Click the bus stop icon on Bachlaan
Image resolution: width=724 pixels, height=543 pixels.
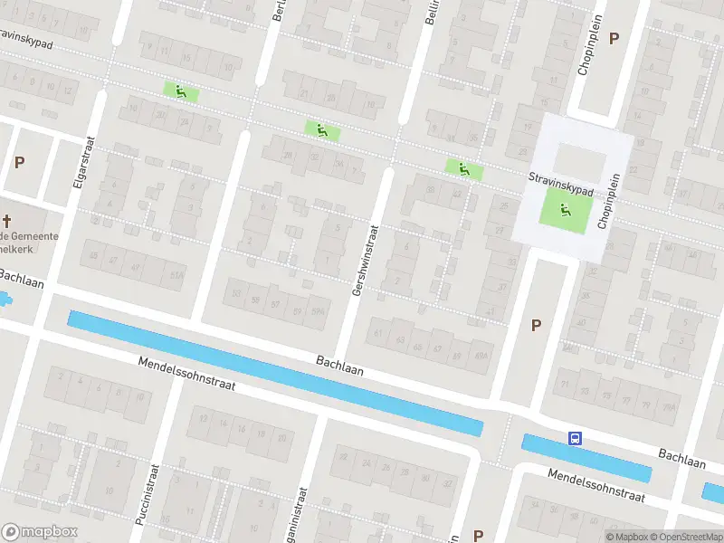click(574, 439)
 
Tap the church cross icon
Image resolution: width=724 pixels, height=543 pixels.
click(7, 221)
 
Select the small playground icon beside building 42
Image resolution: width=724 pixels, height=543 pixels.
click(463, 168)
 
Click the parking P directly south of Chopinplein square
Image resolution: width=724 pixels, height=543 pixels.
click(536, 326)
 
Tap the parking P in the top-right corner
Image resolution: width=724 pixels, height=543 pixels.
click(614, 38)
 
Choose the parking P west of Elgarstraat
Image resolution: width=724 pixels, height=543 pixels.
click(19, 162)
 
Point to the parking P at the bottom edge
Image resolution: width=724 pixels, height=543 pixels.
click(478, 535)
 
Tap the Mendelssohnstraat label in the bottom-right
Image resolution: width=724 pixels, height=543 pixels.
click(595, 486)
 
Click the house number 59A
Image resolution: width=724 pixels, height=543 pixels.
click(319, 313)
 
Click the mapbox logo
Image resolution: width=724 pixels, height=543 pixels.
click(40, 532)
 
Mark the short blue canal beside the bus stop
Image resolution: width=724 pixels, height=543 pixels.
click(586, 458)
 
